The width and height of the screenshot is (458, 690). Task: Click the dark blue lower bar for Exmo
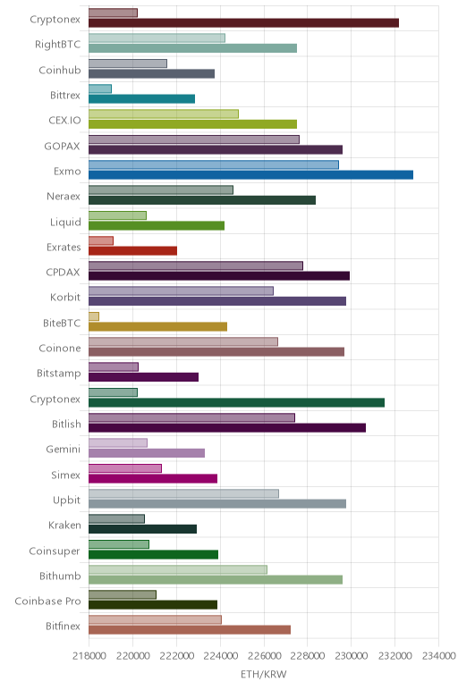click(250, 175)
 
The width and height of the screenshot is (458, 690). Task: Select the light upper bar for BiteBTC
click(94, 316)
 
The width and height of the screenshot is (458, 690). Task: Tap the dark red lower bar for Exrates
click(132, 251)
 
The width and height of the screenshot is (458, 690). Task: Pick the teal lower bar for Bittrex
click(141, 99)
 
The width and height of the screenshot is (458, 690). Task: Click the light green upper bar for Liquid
click(117, 215)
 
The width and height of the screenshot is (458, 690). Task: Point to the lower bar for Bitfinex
click(190, 630)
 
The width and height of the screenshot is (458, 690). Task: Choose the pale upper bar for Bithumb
click(178, 569)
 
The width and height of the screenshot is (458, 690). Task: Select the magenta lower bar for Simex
click(153, 479)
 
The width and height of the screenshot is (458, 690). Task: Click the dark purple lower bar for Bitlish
click(227, 428)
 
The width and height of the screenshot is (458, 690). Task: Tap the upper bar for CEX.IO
click(164, 114)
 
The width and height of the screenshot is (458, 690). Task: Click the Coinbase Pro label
click(47, 602)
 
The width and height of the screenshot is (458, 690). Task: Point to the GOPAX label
click(62, 146)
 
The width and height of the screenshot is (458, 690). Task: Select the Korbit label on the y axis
click(65, 297)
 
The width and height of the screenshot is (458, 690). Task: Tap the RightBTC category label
click(57, 45)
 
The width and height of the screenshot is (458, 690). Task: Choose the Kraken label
click(64, 525)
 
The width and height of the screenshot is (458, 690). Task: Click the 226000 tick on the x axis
click(264, 656)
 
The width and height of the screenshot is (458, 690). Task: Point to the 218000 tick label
click(89, 656)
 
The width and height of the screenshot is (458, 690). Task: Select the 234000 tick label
click(438, 656)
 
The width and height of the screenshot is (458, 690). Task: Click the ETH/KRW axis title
click(263, 674)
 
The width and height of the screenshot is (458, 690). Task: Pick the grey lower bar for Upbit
click(217, 504)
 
